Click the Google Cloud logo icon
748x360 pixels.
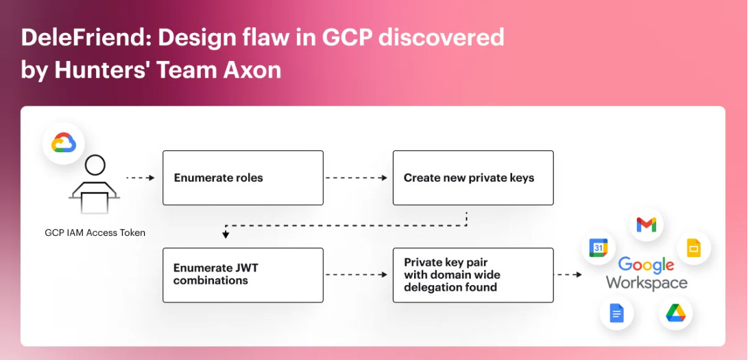(64, 143)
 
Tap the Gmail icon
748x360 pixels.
(647, 225)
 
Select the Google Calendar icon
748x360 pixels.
(599, 248)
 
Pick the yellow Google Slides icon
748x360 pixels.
(694, 248)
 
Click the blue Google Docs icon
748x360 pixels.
(616, 313)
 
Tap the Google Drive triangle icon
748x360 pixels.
(675, 313)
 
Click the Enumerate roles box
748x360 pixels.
(243, 178)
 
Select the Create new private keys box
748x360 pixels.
(473, 178)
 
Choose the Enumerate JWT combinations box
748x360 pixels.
(243, 275)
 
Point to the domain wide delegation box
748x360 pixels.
(473, 275)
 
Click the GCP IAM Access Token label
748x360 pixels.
(95, 233)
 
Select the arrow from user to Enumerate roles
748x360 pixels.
(141, 178)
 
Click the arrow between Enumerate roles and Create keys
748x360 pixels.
(357, 178)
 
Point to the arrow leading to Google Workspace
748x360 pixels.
(568, 275)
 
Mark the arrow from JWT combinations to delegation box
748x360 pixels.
(357, 275)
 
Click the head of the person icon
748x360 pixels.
(95, 165)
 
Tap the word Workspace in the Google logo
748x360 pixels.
(647, 283)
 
